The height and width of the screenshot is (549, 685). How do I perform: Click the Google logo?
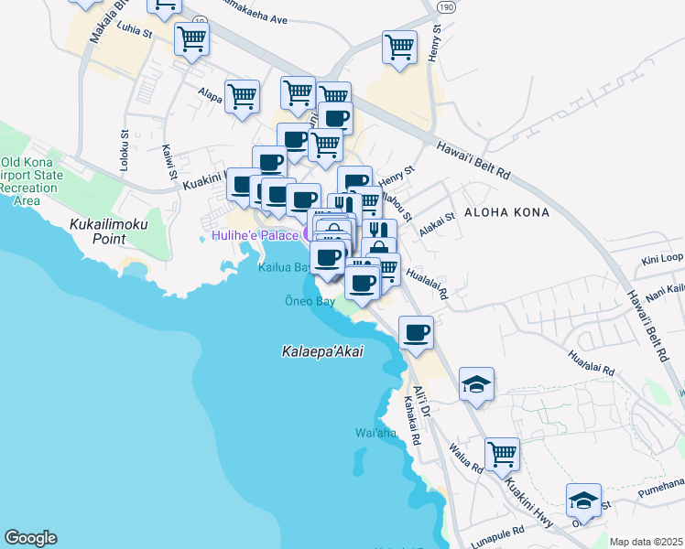[x=30, y=538]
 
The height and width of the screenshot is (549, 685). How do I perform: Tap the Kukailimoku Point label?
[x=96, y=231]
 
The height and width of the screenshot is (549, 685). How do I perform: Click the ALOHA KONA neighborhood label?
[x=506, y=212]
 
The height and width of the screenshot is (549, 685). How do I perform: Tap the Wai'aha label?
[x=375, y=432]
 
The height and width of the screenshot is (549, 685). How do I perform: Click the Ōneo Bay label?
[x=310, y=301]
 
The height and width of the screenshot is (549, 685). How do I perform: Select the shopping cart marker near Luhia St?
[x=192, y=38]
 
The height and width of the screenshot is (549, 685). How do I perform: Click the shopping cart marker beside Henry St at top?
[x=400, y=47]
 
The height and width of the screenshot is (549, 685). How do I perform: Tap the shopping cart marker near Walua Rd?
[x=503, y=452]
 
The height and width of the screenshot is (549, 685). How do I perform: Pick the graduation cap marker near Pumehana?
[x=583, y=500]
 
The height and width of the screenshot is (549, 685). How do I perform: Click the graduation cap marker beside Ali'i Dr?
[x=477, y=383]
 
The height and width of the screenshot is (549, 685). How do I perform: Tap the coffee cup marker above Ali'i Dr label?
[x=417, y=331]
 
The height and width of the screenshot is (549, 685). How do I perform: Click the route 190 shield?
[x=445, y=6]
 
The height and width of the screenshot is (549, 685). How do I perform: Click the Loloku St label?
[x=125, y=155]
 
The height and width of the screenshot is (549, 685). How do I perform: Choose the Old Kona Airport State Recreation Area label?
[x=32, y=181]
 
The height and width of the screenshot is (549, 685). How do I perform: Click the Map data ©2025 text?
[x=647, y=542]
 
